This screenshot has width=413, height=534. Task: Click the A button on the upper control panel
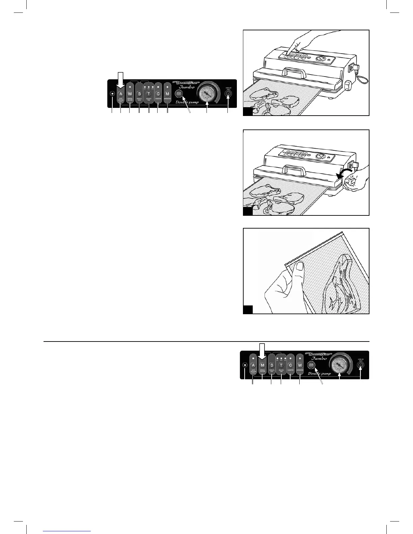click(120, 93)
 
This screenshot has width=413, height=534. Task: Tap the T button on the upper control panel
click(148, 93)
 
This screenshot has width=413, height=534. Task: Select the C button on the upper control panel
click(158, 93)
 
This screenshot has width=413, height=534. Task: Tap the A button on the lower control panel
click(253, 365)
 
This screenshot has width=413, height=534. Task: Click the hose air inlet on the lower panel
click(361, 365)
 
